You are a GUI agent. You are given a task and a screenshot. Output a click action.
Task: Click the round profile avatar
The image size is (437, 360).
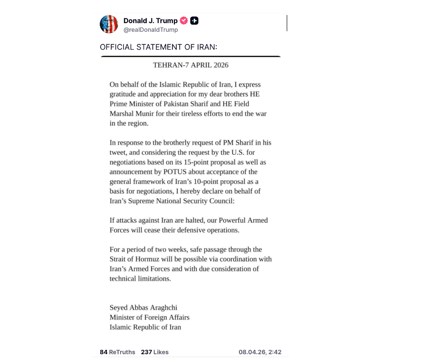109,24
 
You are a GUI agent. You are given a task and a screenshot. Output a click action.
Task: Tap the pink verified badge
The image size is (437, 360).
184,21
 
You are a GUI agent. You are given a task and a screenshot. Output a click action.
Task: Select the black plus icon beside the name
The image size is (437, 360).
194,21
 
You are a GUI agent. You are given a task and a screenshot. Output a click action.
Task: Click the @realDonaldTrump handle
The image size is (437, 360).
150,30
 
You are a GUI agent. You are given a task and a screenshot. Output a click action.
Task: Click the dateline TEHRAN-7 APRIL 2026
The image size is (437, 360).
191,65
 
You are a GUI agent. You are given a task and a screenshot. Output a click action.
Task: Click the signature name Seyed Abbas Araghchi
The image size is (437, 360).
140,308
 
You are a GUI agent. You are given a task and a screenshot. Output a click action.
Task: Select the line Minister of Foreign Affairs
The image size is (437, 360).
149,318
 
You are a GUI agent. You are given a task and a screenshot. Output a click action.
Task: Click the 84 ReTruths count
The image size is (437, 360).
118,352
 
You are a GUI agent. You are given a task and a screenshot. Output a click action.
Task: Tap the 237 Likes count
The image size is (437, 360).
155,352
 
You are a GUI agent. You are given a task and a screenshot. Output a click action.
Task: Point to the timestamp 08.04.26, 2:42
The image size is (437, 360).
260,352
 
